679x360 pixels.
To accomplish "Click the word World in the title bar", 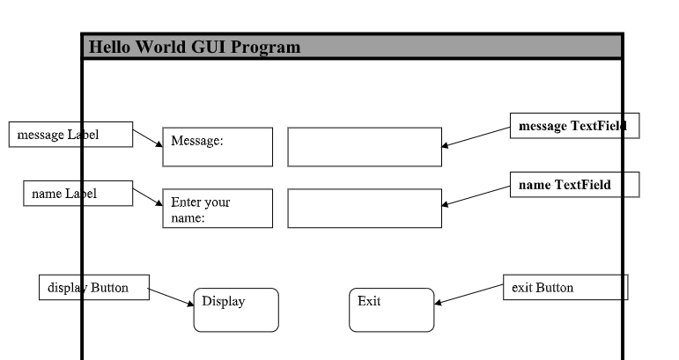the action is [160, 47].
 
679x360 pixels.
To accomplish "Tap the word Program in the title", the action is [265, 48].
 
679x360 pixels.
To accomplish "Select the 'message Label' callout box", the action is [70, 135].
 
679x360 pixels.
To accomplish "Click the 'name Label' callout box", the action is [78, 194].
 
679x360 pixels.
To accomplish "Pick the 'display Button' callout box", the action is [94, 287].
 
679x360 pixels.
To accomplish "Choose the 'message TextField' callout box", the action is [574, 126].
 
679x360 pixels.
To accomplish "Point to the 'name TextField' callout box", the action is [574, 185].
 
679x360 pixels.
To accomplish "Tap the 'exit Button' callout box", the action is [565, 287].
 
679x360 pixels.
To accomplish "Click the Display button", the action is [236, 310].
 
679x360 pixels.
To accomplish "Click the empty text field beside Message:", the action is [365, 147].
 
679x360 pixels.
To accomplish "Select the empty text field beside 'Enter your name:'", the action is [365, 208].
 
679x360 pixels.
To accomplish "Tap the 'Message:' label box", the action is [218, 147].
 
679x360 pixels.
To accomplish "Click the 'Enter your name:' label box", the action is [218, 208].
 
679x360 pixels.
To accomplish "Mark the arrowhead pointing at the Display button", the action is [190, 304].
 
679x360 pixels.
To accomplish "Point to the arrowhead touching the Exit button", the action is [438, 303].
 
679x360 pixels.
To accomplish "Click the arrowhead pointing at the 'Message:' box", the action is [159, 143].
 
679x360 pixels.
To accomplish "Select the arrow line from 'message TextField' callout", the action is [476, 136].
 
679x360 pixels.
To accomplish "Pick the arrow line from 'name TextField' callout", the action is [476, 196].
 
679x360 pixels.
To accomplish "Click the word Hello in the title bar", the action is [109, 47].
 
